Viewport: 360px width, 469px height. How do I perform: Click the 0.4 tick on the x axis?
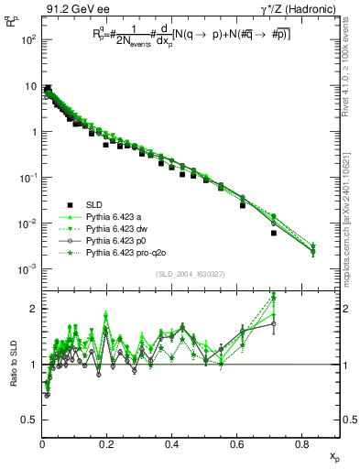click(x=172, y=443)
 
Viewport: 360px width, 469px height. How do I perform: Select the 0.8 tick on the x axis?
click(x=301, y=443)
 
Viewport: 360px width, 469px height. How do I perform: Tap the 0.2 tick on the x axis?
click(x=107, y=443)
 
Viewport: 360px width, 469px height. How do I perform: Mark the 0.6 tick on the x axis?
click(x=237, y=443)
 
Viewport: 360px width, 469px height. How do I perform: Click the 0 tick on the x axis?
click(x=42, y=443)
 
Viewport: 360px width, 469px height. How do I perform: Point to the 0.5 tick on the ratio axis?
click(x=32, y=420)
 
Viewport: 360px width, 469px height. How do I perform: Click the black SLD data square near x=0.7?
click(x=274, y=234)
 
